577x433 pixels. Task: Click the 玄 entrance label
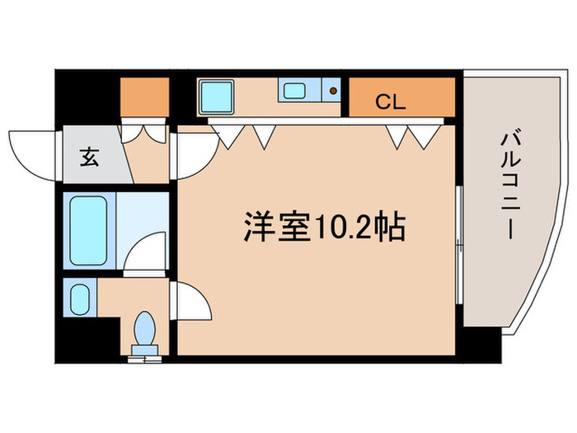(89, 157)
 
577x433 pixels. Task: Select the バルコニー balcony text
(506, 185)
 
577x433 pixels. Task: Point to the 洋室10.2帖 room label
(324, 226)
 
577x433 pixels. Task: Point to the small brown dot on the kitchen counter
(333, 91)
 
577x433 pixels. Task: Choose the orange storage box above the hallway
(144, 97)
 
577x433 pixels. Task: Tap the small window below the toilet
(146, 357)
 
